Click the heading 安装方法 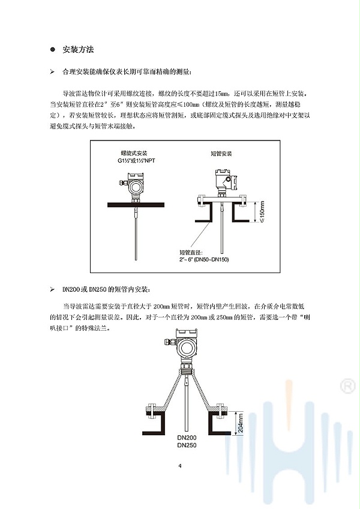point(78,50)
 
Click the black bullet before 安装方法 point(53,50)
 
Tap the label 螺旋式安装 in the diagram point(134,153)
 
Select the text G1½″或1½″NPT point(136,161)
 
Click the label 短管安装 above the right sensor point(221,154)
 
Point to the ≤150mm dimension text point(262,212)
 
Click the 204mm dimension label point(240,423)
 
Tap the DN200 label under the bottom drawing point(187,438)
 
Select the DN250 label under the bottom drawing point(187,445)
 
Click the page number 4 point(180,466)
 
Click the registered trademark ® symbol point(347,386)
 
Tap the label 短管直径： point(191,252)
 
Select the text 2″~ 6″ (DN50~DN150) point(204,260)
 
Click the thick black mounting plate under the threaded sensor point(136,205)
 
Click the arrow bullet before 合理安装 point(52,72)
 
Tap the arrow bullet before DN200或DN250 point(52,289)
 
